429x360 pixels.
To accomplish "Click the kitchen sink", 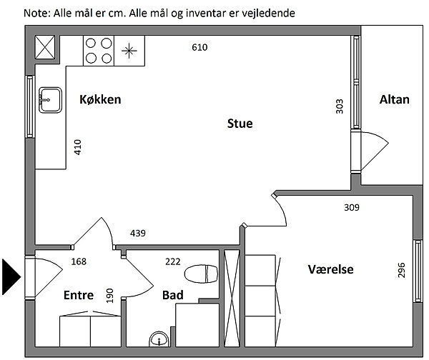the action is [x=50, y=100].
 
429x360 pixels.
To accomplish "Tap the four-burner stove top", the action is [x=99, y=51].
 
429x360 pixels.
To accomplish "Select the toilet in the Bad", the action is [x=201, y=274].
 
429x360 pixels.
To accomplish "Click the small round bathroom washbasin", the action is [x=159, y=339].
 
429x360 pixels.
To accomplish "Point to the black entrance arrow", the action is [x=11, y=277].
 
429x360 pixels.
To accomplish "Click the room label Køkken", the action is [x=100, y=99].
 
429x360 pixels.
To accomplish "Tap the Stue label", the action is [x=240, y=124].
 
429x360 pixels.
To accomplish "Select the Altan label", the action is [x=394, y=99].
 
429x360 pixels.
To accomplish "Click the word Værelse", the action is [x=330, y=269].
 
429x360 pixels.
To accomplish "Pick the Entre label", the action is [x=79, y=295].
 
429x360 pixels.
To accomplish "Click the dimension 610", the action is [x=199, y=47].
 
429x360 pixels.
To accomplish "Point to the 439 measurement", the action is [x=138, y=233].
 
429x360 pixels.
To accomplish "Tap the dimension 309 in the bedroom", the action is [x=352, y=207].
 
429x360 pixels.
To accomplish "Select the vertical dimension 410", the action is [x=78, y=147].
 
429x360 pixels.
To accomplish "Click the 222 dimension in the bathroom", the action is [x=173, y=261].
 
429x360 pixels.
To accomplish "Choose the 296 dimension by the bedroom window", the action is [x=401, y=270].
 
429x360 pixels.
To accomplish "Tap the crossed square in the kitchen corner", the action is [x=45, y=47].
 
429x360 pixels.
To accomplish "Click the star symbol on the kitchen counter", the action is [x=129, y=51].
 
